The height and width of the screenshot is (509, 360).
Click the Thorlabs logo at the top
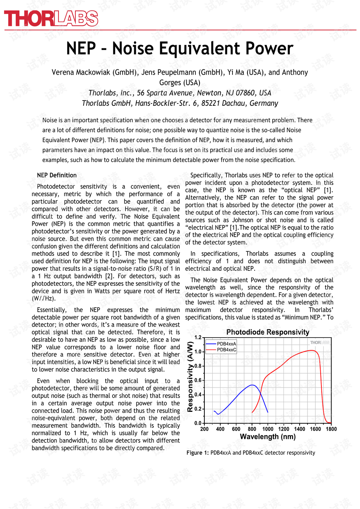coord(51,18)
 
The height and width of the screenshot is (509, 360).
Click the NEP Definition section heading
coord(57,175)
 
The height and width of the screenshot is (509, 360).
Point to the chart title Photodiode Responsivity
coord(267,332)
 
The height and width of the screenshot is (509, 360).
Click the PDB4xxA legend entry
coord(226,344)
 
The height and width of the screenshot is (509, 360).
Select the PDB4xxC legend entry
coord(226,350)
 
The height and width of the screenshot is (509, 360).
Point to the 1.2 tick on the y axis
coord(198,338)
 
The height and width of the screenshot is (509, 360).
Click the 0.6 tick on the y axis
coord(198,380)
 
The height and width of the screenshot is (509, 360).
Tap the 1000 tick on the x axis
coord(268,429)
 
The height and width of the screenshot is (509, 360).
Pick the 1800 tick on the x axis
coord(331,429)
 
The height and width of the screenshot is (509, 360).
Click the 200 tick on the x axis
coord(204,429)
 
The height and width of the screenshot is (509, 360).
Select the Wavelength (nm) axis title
coord(267,437)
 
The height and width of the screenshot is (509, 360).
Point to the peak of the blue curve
coord(253,385)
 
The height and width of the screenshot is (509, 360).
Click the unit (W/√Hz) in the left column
coord(43,299)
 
